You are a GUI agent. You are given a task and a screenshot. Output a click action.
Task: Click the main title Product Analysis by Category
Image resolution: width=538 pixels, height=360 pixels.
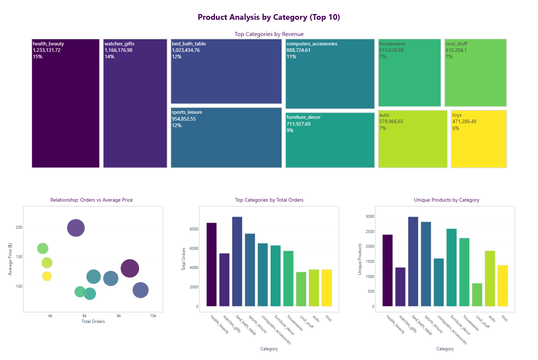click(x=269, y=17)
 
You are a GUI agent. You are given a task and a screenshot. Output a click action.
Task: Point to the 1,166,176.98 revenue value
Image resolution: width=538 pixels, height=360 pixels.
click(x=118, y=50)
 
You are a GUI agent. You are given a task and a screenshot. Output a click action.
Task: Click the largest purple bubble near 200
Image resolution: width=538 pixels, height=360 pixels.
click(x=76, y=228)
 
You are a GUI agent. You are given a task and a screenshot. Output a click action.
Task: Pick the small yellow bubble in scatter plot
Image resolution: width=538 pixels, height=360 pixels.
click(x=47, y=276)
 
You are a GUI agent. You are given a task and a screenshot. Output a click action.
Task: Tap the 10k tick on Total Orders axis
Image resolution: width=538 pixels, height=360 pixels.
click(x=153, y=316)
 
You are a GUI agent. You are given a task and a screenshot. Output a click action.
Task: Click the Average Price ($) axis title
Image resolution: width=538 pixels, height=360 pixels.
click(x=10, y=259)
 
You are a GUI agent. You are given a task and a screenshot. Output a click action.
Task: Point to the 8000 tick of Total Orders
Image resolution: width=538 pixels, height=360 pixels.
click(x=194, y=229)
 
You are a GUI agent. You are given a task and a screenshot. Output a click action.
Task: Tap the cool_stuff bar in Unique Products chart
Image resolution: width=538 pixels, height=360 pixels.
click(x=477, y=295)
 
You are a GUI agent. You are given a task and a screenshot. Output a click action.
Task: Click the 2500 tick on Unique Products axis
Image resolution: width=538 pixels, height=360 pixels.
click(x=370, y=231)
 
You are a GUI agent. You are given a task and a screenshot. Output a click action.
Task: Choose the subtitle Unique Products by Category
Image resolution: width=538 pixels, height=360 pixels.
click(x=447, y=200)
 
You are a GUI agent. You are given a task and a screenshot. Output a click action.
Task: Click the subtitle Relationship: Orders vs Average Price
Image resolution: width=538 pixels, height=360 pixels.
click(x=91, y=200)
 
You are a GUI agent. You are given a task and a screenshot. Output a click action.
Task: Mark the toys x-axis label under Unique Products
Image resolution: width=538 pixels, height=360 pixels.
click(x=505, y=319)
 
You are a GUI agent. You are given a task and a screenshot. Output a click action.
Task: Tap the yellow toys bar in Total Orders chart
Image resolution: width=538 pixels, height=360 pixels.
click(x=327, y=288)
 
